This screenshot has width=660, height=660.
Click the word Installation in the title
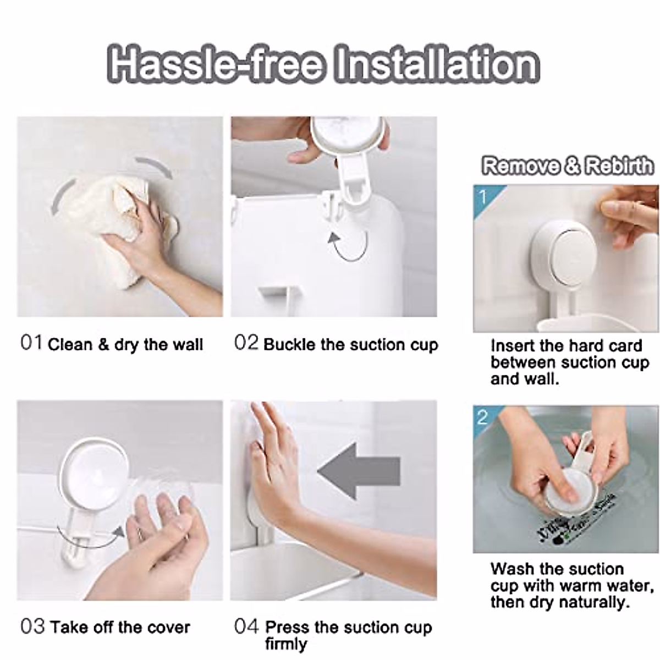click(437, 65)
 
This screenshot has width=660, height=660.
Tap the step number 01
click(31, 343)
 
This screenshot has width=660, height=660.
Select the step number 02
click(245, 343)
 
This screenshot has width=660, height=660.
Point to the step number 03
click(32, 626)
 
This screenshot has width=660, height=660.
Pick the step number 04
click(246, 626)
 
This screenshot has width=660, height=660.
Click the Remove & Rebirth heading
click(567, 166)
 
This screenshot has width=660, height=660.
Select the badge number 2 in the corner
click(482, 417)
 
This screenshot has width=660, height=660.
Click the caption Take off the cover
click(120, 627)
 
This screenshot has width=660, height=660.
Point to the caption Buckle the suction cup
click(351, 345)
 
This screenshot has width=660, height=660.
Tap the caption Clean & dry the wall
click(125, 345)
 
